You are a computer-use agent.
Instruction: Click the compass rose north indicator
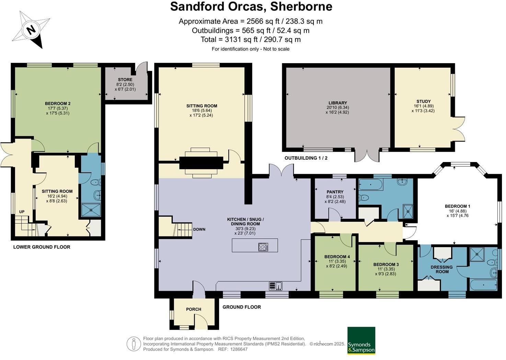(x=31, y=30)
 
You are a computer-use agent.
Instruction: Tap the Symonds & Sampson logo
(x=361, y=340)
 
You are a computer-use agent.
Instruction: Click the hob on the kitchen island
(x=263, y=247)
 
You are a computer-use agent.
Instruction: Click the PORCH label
(x=194, y=309)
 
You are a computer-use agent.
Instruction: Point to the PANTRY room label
(x=335, y=192)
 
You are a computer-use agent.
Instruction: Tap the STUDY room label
(x=423, y=101)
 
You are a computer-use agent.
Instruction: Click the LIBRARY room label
(x=337, y=103)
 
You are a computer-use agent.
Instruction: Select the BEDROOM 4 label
(x=337, y=257)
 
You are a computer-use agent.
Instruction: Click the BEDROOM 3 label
(x=386, y=264)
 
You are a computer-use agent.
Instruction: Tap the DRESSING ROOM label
(x=442, y=269)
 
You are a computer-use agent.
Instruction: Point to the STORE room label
(x=125, y=80)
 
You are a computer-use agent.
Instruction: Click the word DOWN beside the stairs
(x=199, y=229)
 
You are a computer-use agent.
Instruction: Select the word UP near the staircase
(x=22, y=212)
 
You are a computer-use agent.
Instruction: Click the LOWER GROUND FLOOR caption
(x=42, y=247)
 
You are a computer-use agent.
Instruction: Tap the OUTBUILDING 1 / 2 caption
(x=306, y=158)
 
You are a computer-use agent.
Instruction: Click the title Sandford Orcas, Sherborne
(x=251, y=7)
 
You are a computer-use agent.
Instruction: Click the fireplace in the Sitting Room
(x=201, y=163)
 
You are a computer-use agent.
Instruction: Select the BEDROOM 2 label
(x=58, y=103)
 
